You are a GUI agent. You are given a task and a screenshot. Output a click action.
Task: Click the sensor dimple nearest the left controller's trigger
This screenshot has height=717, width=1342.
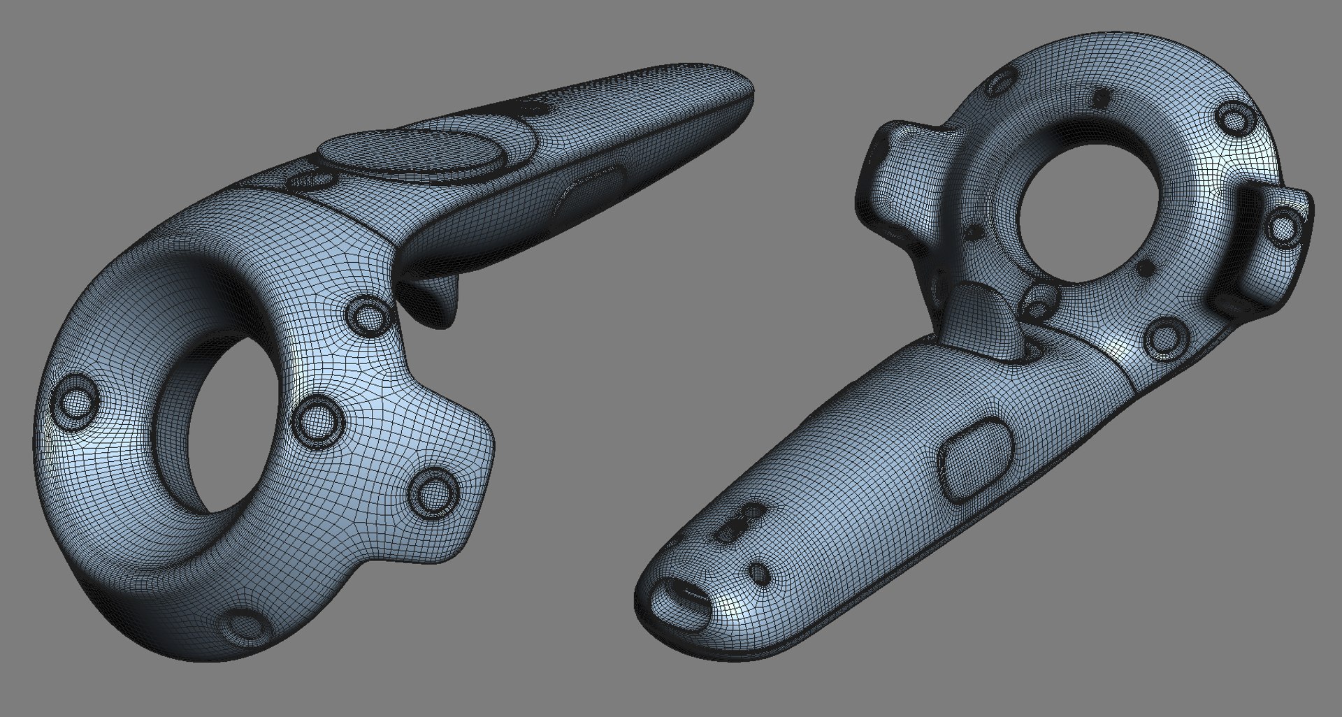point(368,315)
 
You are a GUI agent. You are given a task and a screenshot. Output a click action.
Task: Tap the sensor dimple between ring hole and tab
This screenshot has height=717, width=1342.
point(318,420)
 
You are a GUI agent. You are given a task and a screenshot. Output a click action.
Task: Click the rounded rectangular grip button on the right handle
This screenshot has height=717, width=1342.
point(977,458)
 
